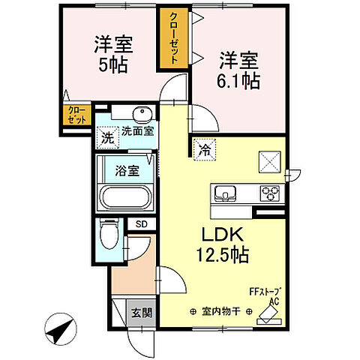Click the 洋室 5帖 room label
[x=110, y=52]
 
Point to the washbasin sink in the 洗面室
[x=142, y=115]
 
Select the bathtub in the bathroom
[x=124, y=199]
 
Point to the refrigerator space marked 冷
[x=205, y=150]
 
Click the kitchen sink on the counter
[x=224, y=193]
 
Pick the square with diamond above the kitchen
[x=270, y=162]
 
